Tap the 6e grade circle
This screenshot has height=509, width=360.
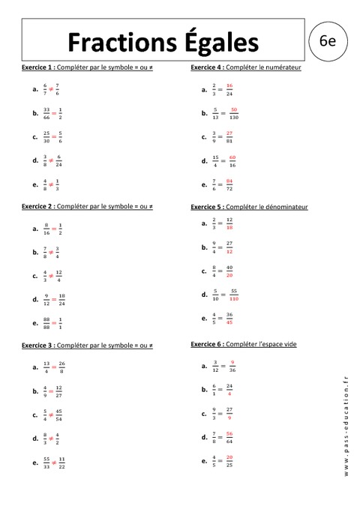[x=326, y=41]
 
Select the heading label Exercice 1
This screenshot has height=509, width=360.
[x=38, y=67]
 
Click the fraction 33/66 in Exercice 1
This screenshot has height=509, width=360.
[x=46, y=113]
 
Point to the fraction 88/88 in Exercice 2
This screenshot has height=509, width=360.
[x=46, y=322]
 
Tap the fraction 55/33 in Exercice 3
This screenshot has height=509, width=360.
[x=46, y=462]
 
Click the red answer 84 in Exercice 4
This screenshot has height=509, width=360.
[x=229, y=180]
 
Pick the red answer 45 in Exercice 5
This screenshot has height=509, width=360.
[x=229, y=322]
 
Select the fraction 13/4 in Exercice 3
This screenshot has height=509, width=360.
[x=46, y=367]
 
